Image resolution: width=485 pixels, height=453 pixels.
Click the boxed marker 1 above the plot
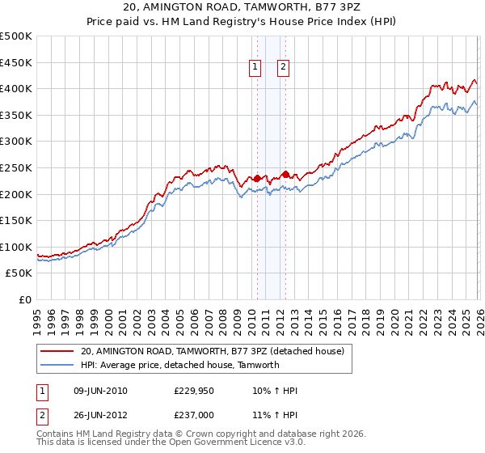(x=255, y=69)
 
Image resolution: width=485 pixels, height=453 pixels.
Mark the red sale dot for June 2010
(x=257, y=178)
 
